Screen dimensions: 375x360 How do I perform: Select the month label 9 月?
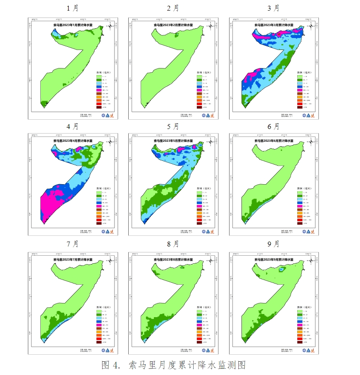point(273,244)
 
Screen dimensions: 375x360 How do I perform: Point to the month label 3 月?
point(273,8)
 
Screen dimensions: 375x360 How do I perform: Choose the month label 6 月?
point(273,126)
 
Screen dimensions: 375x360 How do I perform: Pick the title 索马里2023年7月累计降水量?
point(73,260)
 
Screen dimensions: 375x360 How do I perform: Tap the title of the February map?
point(173,26)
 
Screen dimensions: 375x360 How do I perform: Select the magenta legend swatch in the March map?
point(299,90)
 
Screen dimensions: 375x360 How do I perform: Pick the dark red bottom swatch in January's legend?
point(99,107)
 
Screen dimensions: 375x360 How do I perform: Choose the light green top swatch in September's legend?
point(299,311)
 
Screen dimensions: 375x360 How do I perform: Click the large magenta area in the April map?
point(51,203)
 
